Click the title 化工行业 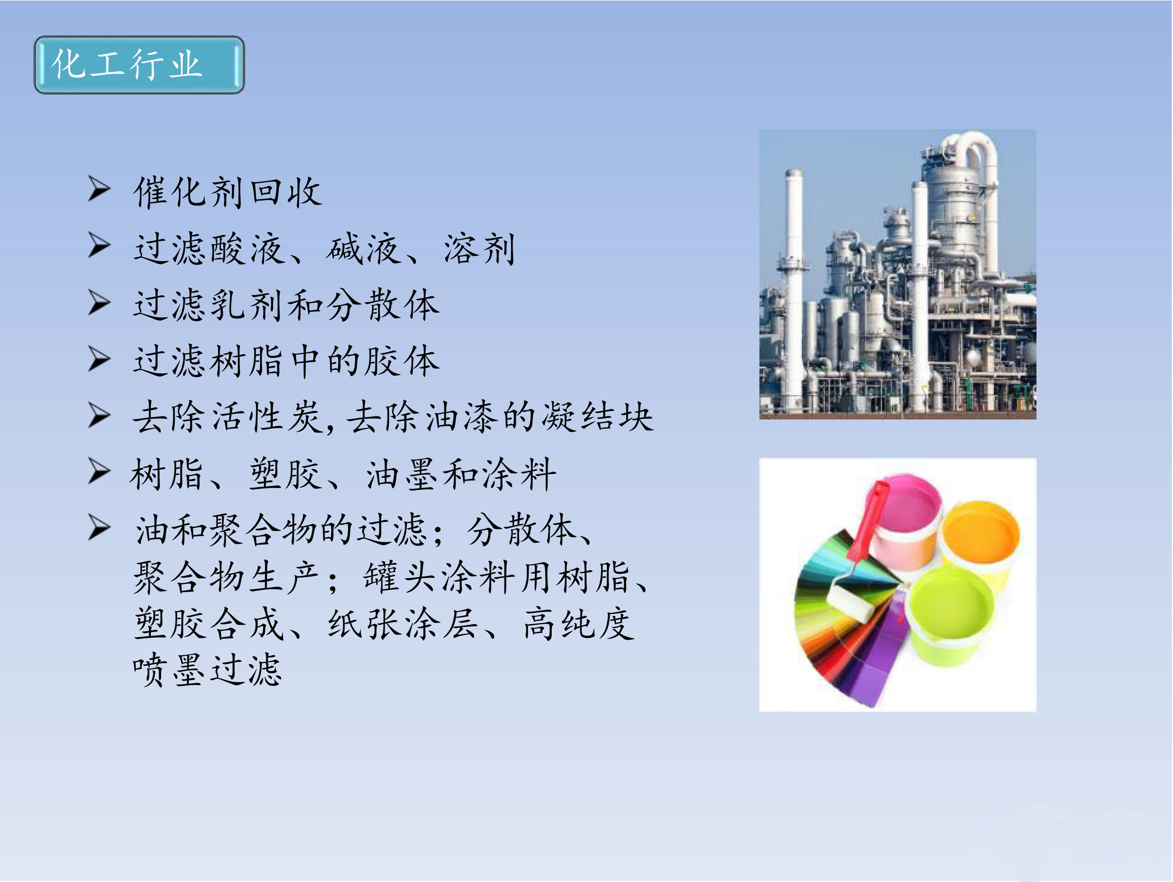126,64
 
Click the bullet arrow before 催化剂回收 99,189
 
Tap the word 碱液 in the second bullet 364,249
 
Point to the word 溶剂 479,249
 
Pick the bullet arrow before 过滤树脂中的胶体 99,359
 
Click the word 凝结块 597,417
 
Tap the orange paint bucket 981,541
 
